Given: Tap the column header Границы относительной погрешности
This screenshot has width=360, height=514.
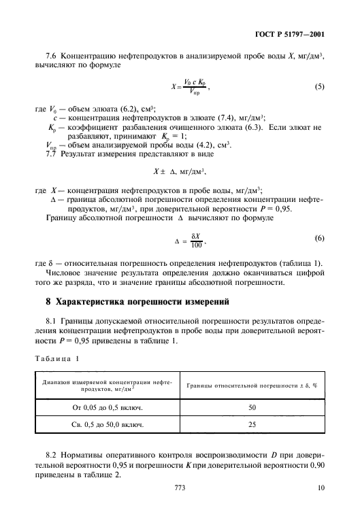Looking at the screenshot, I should [252, 385].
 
